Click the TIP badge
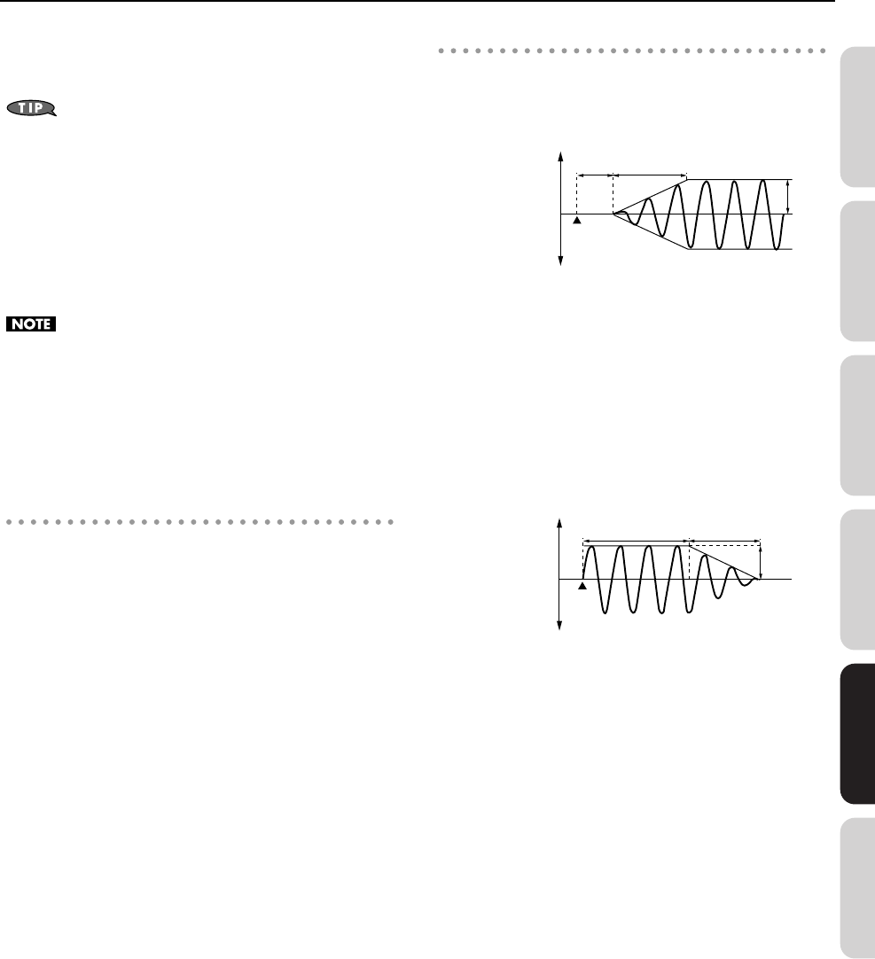point(31,109)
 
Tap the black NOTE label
point(31,325)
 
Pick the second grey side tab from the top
point(856,271)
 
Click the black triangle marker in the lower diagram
point(582,585)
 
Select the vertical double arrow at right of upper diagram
point(788,197)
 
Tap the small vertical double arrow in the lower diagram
point(762,562)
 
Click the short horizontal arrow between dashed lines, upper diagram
point(594,175)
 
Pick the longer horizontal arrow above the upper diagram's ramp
point(650,175)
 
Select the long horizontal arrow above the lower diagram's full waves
point(636,539)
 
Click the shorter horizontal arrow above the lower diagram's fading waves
point(725,539)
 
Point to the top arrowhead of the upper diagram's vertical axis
point(560,156)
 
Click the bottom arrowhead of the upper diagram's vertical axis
point(560,261)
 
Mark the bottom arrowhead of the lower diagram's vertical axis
point(560,627)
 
